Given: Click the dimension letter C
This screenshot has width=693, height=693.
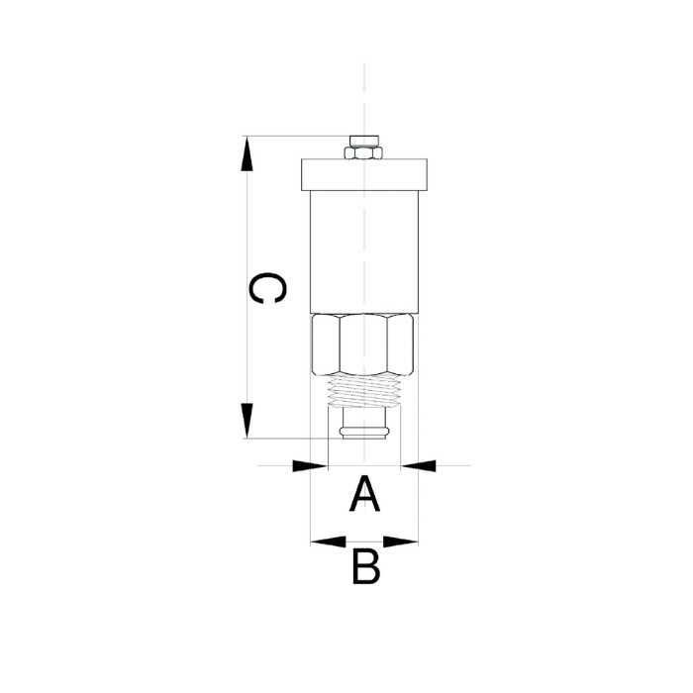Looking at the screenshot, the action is (267, 288).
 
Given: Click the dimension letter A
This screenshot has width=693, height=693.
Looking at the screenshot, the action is (364, 494).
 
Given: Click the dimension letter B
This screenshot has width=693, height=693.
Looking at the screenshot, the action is (366, 566).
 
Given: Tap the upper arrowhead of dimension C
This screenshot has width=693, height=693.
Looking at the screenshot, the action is (247, 153).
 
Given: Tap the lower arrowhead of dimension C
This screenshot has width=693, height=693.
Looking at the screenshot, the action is (247, 421).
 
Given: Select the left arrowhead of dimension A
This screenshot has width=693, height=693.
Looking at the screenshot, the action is (310, 465).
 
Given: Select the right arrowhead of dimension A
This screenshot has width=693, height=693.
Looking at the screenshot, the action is (418, 465).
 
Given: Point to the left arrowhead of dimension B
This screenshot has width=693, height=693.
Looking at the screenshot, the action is (328, 542).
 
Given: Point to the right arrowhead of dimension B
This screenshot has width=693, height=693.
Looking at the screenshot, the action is (400, 542).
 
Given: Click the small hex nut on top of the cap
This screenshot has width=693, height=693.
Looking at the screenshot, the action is (363, 152).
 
